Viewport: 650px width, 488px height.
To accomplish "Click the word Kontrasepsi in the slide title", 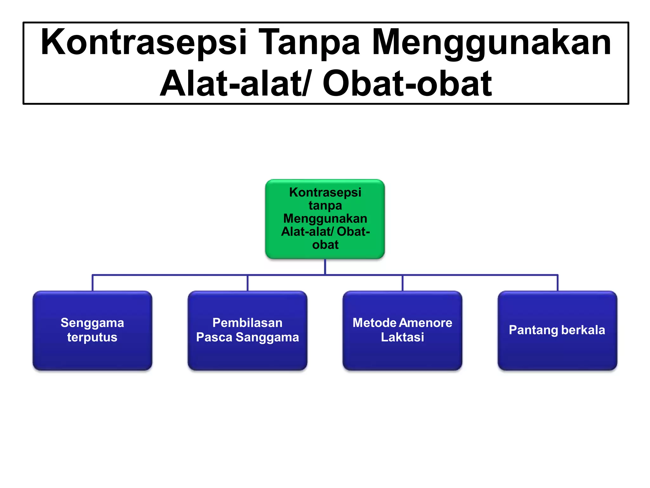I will point(143,42).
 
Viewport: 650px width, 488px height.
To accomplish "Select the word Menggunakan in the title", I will point(491,42).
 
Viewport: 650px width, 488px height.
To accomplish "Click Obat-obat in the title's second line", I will point(407,84).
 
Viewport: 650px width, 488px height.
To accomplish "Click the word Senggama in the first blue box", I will point(92,323).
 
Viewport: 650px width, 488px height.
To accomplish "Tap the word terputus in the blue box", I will point(92,337).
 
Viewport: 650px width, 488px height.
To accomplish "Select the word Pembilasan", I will point(247,323).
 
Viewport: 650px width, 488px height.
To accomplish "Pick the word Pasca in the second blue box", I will point(214,337).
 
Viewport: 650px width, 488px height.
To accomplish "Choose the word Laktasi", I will point(402,337).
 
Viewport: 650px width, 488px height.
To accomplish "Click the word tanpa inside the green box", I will point(325,206).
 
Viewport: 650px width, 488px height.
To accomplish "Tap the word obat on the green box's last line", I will point(325,245).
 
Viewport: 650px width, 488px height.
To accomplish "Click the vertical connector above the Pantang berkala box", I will point(557,283).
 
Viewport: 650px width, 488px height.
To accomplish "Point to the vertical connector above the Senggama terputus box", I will point(92,283).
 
